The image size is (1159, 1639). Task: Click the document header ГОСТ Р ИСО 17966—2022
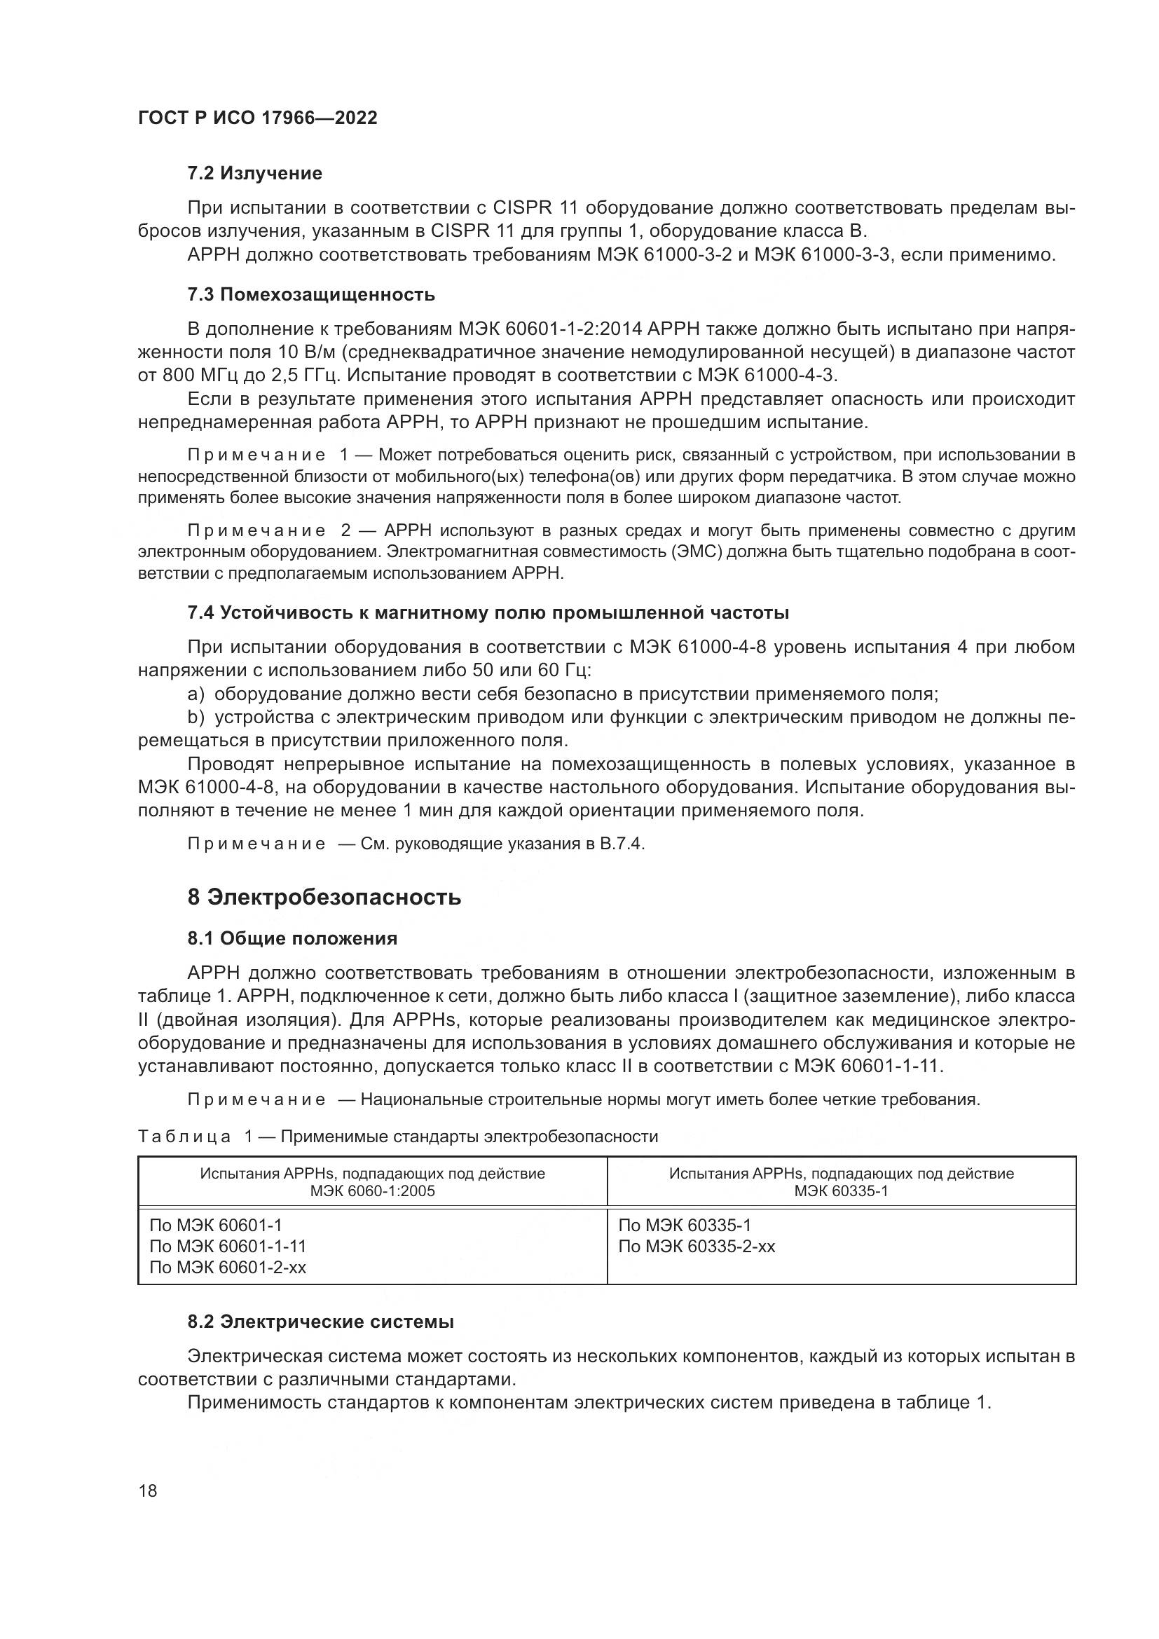click(x=257, y=118)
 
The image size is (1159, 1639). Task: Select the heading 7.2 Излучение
click(x=255, y=174)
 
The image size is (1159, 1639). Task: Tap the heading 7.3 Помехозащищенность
click(x=311, y=294)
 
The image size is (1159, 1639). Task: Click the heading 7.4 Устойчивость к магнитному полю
click(x=488, y=612)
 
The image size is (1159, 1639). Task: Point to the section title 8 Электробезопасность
click(x=324, y=898)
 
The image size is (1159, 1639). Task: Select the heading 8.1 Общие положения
click(x=293, y=938)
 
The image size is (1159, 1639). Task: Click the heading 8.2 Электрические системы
click(x=320, y=1322)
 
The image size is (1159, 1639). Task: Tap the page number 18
click(x=148, y=1490)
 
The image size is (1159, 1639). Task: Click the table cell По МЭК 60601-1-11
click(x=228, y=1247)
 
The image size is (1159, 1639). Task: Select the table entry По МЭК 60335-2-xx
click(x=697, y=1247)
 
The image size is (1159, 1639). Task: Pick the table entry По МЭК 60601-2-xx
click(x=228, y=1267)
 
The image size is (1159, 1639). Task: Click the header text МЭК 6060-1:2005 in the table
click(x=372, y=1191)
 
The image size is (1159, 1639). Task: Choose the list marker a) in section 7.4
click(x=196, y=694)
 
